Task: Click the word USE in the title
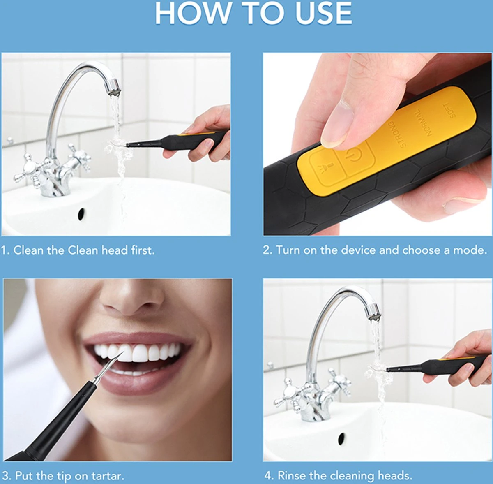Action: click(x=323, y=13)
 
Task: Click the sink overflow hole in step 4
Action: click(x=341, y=438)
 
